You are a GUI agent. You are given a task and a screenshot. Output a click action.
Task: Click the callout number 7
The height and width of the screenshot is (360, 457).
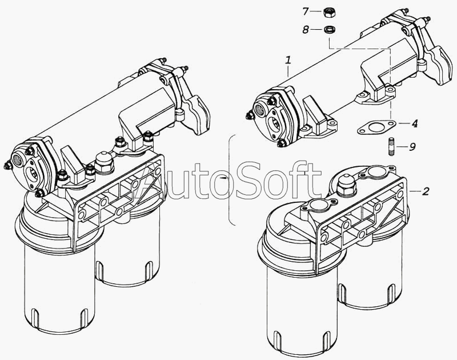[x=305, y=11]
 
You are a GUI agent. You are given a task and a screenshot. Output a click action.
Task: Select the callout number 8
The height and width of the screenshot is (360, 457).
[x=305, y=30]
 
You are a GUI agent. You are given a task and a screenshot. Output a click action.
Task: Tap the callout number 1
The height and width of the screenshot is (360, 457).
[x=288, y=61]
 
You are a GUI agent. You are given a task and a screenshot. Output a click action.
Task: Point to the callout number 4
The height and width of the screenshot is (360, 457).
[x=415, y=123]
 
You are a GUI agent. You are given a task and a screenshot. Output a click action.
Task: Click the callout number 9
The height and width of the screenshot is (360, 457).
[x=412, y=147]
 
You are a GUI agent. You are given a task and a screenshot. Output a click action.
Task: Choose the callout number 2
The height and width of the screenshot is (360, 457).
[x=426, y=191]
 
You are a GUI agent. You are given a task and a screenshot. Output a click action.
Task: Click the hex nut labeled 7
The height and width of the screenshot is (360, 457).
[x=329, y=12]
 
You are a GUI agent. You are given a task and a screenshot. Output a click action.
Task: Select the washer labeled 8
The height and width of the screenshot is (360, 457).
[x=329, y=30]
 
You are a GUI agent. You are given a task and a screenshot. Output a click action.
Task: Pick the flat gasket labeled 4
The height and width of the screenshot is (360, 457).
[x=376, y=127]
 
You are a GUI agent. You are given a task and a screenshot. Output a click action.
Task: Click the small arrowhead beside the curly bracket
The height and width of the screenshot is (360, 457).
[x=223, y=178]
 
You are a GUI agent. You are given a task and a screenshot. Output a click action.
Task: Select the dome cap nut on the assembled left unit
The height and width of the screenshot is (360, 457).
[x=104, y=162]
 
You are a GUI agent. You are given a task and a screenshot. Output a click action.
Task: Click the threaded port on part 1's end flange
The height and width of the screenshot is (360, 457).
[x=260, y=110]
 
